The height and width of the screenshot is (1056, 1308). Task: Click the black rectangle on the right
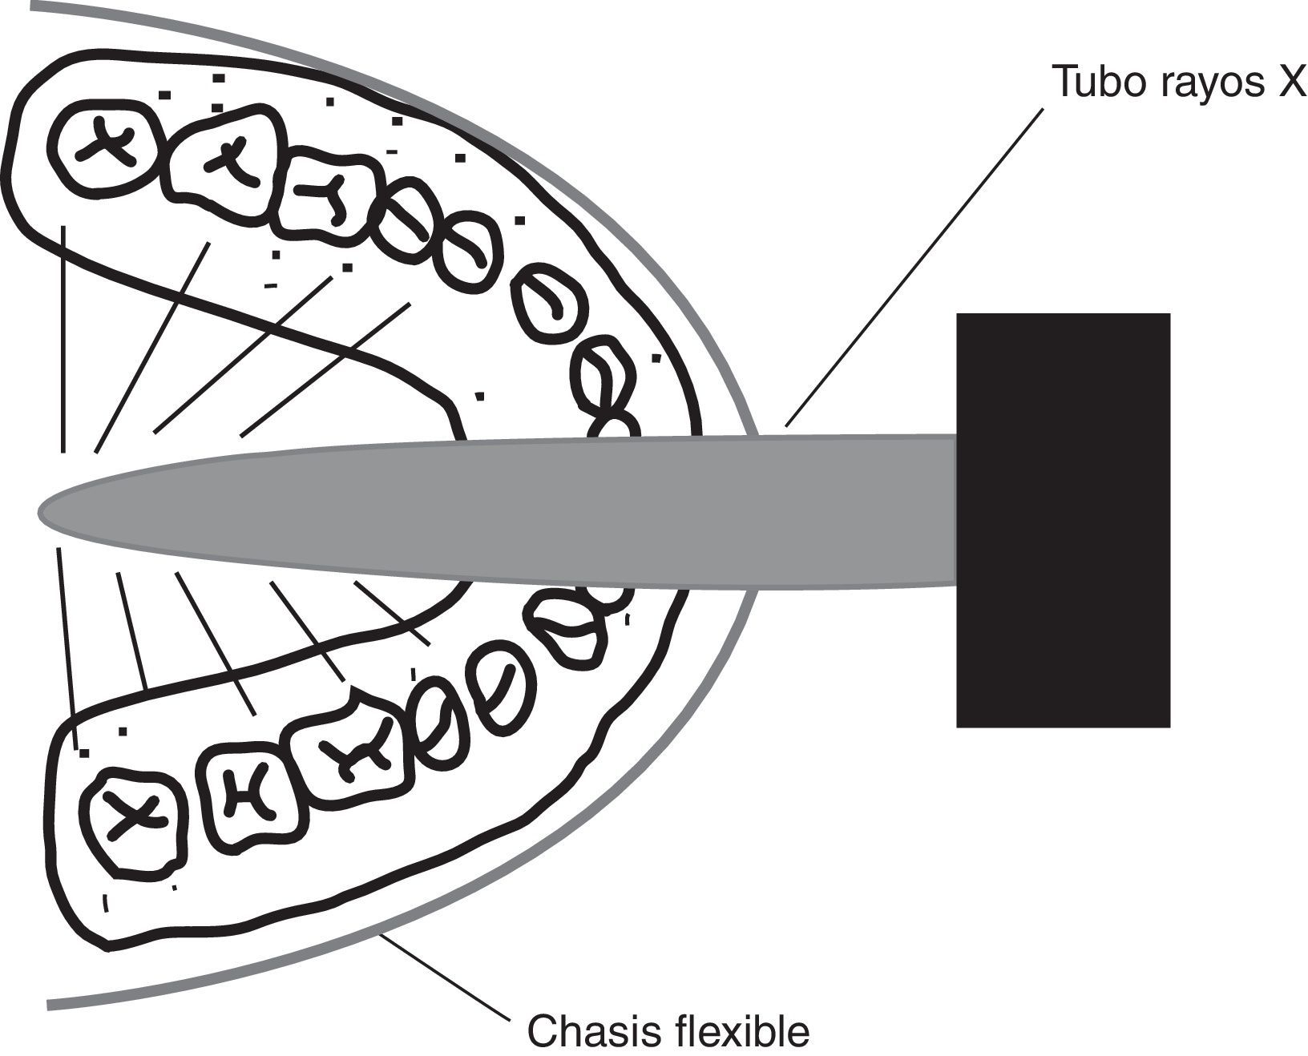(x=1063, y=521)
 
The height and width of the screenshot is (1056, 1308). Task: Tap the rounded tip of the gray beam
(x=48, y=511)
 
